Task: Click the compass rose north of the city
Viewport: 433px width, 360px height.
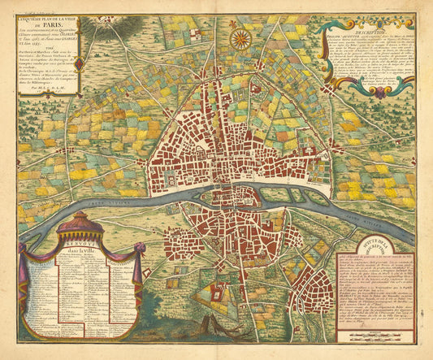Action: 239,37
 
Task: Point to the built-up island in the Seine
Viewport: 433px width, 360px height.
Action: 232,194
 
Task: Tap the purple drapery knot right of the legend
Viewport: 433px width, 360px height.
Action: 136,267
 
